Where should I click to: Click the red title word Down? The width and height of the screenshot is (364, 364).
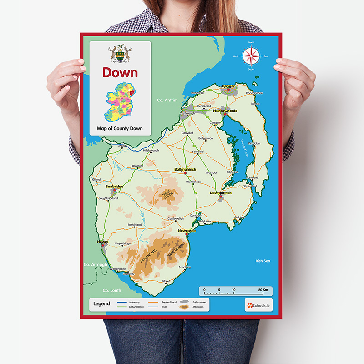coord(120,72)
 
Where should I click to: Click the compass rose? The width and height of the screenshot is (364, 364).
coord(251,56)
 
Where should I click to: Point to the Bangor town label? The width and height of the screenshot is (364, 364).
coord(228,86)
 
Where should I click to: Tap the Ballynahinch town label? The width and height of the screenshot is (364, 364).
coord(185,169)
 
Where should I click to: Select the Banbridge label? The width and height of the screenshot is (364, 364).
coord(114,186)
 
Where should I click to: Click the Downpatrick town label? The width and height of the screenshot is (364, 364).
coord(221,193)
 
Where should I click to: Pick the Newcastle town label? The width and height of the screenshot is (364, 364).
coord(187,231)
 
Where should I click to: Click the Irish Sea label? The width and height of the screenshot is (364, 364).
coord(263,261)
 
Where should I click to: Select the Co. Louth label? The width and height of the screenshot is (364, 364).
coord(111,290)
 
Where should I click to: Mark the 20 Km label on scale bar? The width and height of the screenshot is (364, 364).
coord(263,290)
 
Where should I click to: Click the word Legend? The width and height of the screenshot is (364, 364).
coord(101,304)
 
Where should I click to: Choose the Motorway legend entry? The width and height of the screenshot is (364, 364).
coord(134,302)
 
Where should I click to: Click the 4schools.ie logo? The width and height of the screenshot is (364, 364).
coord(257,305)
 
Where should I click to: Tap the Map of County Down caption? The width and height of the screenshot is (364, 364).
coord(120,128)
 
